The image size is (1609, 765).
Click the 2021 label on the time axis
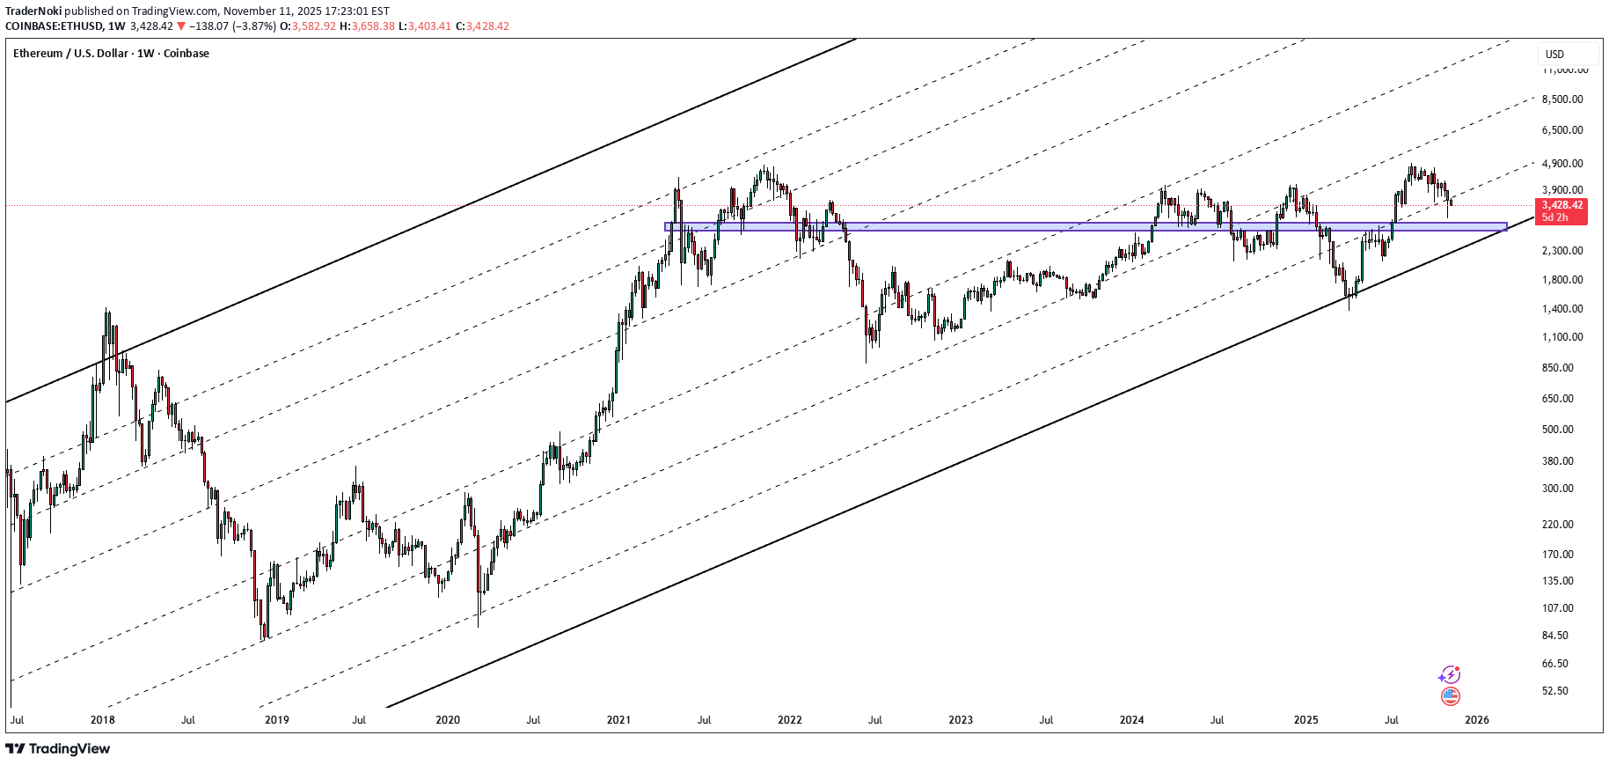pos(618,720)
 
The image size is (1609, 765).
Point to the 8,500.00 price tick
pos(1562,99)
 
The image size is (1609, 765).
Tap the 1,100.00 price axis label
pos(1562,337)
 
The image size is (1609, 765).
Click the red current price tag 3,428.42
pos(1561,205)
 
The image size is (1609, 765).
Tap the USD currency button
pos(1555,54)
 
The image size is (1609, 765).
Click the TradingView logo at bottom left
pos(58,749)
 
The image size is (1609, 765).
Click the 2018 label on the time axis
pos(103,720)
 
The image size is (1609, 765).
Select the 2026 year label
pos(1476,720)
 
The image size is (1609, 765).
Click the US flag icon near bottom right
pos(1451,696)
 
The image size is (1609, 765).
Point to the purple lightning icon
pos(1449,675)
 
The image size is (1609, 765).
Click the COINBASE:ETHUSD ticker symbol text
pos(52,26)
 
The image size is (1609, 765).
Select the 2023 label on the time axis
pos(961,720)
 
